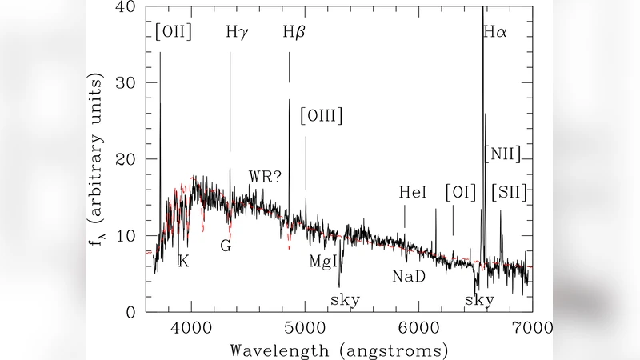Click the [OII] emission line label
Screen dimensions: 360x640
point(172,33)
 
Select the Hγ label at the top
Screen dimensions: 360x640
point(237,33)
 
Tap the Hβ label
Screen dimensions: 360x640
point(294,33)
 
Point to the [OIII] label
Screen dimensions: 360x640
point(321,116)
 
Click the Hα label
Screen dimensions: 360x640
point(495,33)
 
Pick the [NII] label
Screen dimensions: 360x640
point(503,154)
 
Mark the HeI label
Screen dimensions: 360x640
point(414,193)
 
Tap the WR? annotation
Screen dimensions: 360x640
point(265,177)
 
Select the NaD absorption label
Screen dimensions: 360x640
point(408,277)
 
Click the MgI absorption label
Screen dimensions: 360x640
point(325,262)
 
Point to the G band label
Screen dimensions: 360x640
point(226,246)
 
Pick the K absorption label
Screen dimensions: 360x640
point(183,262)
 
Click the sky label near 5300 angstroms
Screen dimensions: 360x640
point(345,300)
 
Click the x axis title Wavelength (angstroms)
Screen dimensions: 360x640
point(338,350)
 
